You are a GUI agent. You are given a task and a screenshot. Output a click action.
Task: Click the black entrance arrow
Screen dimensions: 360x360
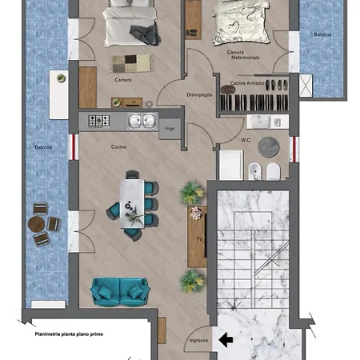point(226,340)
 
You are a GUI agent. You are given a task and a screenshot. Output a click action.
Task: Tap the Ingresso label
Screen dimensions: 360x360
point(198,341)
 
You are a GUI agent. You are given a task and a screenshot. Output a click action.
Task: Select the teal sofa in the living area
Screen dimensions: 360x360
point(119,292)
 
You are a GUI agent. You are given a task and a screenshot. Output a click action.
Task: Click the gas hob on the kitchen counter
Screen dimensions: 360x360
point(99,121)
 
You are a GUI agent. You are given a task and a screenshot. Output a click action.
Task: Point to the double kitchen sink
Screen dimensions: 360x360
point(142,121)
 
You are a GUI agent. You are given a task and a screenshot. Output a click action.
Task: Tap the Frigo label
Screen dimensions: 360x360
point(170,129)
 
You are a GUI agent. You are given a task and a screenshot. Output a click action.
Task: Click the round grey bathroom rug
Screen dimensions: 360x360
point(269,147)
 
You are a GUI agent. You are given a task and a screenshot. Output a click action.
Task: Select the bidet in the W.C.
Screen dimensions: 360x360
point(255,171)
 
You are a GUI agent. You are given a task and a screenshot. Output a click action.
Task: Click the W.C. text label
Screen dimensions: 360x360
point(246,140)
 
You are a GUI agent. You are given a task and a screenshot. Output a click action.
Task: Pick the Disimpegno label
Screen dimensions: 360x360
point(199,94)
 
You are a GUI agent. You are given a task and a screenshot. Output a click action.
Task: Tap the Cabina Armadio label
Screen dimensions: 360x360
point(247,83)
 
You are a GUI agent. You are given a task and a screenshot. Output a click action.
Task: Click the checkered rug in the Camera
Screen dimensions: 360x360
point(132,63)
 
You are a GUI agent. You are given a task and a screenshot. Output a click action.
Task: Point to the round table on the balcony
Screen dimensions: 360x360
point(37,224)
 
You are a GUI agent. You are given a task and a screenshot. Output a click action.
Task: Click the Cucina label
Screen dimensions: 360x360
point(118,146)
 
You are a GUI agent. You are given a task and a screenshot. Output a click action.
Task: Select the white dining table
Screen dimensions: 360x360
point(132,204)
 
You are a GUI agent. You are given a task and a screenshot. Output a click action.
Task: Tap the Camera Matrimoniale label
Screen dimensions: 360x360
point(243,54)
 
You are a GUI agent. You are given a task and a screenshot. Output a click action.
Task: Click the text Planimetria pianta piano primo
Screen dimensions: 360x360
point(69,334)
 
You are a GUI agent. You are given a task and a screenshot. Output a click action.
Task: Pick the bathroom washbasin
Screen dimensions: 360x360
point(258,122)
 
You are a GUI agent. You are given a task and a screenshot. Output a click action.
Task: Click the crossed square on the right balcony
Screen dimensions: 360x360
point(306,86)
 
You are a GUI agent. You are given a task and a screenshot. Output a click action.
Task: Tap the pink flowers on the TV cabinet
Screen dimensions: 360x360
point(196,213)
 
